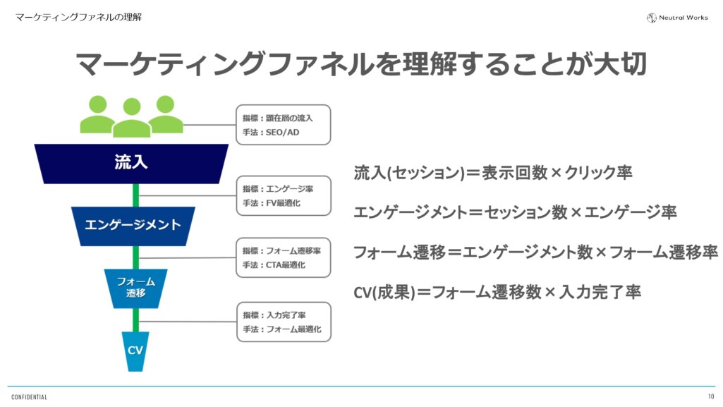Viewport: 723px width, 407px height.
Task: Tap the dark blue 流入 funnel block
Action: (x=131, y=162)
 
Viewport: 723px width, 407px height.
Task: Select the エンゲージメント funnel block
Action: (x=133, y=225)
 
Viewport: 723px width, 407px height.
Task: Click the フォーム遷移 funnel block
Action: (x=135, y=287)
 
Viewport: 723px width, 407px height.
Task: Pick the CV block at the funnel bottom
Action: (x=135, y=351)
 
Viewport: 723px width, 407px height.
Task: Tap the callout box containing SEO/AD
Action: (x=283, y=125)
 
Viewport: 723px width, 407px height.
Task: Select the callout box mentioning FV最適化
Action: (x=283, y=195)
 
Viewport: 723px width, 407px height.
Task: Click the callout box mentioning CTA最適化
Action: (x=283, y=257)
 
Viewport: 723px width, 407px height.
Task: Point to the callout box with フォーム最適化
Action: (x=283, y=322)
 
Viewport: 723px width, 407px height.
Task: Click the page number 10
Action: (x=711, y=396)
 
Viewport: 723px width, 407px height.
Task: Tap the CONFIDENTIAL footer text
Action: (x=29, y=397)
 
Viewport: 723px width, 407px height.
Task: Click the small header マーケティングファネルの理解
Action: (x=78, y=16)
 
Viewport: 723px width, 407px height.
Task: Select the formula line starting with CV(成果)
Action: (x=497, y=292)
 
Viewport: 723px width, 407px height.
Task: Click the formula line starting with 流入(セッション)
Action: (x=493, y=173)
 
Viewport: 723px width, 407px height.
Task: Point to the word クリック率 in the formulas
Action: (x=595, y=173)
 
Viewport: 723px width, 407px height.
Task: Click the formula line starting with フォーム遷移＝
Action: (x=535, y=252)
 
